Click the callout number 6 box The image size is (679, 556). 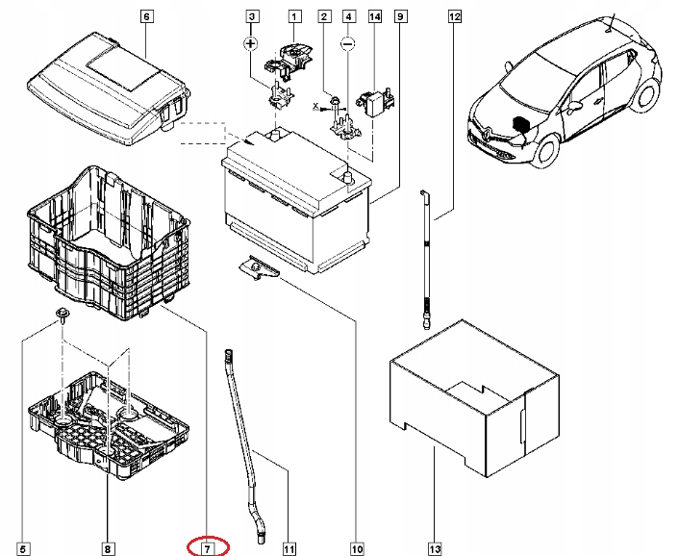146,16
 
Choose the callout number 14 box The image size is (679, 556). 374,16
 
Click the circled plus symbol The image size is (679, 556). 251,44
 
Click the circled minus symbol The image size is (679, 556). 349,44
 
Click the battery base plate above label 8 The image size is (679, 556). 106,423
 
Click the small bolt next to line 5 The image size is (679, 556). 61,317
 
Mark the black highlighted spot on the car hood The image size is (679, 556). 520,126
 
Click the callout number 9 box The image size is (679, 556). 398,16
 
